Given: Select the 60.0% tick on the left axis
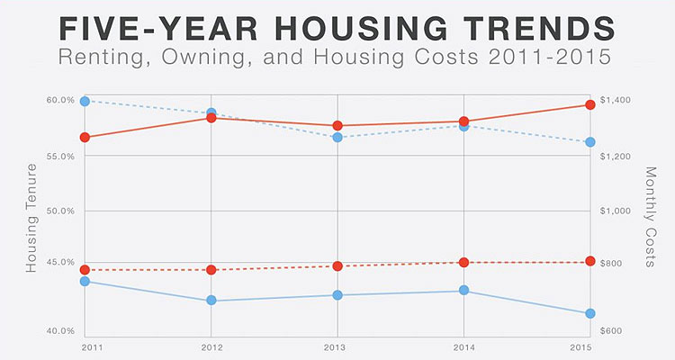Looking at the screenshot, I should pyautogui.click(x=62, y=100).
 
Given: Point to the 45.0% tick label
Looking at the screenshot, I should pyautogui.click(x=62, y=262).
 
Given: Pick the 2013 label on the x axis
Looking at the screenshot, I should pyautogui.click(x=335, y=346).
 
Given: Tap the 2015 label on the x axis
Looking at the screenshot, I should pyautogui.click(x=589, y=346).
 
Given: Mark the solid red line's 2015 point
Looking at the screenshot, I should pyautogui.click(x=589, y=105).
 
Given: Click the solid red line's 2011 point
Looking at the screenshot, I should pyautogui.click(x=85, y=138).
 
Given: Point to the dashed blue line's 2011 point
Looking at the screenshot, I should pyautogui.click(x=85, y=101).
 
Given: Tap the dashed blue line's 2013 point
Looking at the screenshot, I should pyautogui.click(x=337, y=137).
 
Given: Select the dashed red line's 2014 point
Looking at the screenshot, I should pyautogui.click(x=463, y=263).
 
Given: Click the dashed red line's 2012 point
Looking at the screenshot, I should pyautogui.click(x=211, y=270).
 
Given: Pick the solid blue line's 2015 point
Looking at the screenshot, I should pyautogui.click(x=589, y=313).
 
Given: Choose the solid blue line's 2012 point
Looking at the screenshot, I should pyautogui.click(x=211, y=301).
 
